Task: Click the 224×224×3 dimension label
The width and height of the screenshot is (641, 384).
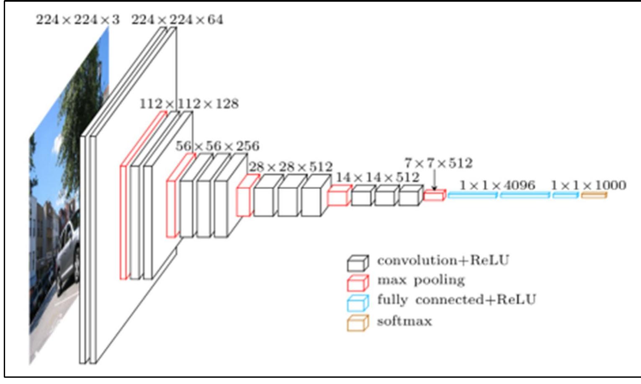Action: [77, 20]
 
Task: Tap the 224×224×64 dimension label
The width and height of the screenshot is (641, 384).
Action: [177, 20]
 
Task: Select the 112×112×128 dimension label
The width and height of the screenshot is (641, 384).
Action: [189, 103]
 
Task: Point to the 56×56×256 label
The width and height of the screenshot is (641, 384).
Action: [217, 146]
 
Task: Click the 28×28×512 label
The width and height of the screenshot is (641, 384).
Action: [291, 167]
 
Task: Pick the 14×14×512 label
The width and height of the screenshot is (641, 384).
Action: [377, 177]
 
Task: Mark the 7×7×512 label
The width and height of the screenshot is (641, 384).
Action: [438, 163]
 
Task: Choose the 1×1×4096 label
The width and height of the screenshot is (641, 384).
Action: [497, 185]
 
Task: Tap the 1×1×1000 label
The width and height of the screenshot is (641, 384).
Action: [588, 185]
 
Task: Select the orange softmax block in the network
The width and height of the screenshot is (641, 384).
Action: [594, 195]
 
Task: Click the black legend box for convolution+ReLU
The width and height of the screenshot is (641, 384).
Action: [358, 263]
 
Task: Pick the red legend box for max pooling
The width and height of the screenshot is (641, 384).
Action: [358, 283]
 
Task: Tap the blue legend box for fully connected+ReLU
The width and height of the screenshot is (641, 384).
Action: [358, 302]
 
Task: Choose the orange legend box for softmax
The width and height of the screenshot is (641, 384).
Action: [358, 323]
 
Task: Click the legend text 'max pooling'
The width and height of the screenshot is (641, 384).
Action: [421, 280]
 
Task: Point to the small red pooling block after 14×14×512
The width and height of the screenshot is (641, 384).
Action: [435, 195]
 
